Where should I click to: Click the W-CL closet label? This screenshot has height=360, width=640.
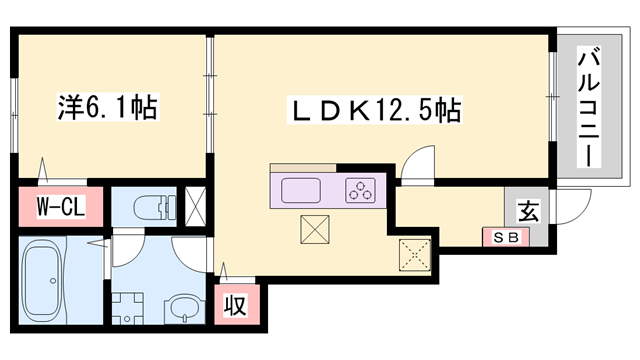click(54, 209)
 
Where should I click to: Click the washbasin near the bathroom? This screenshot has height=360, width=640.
click(182, 304)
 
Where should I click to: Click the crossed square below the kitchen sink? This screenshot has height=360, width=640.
click(315, 230)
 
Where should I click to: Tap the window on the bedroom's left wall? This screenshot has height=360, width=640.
click(14, 105)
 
